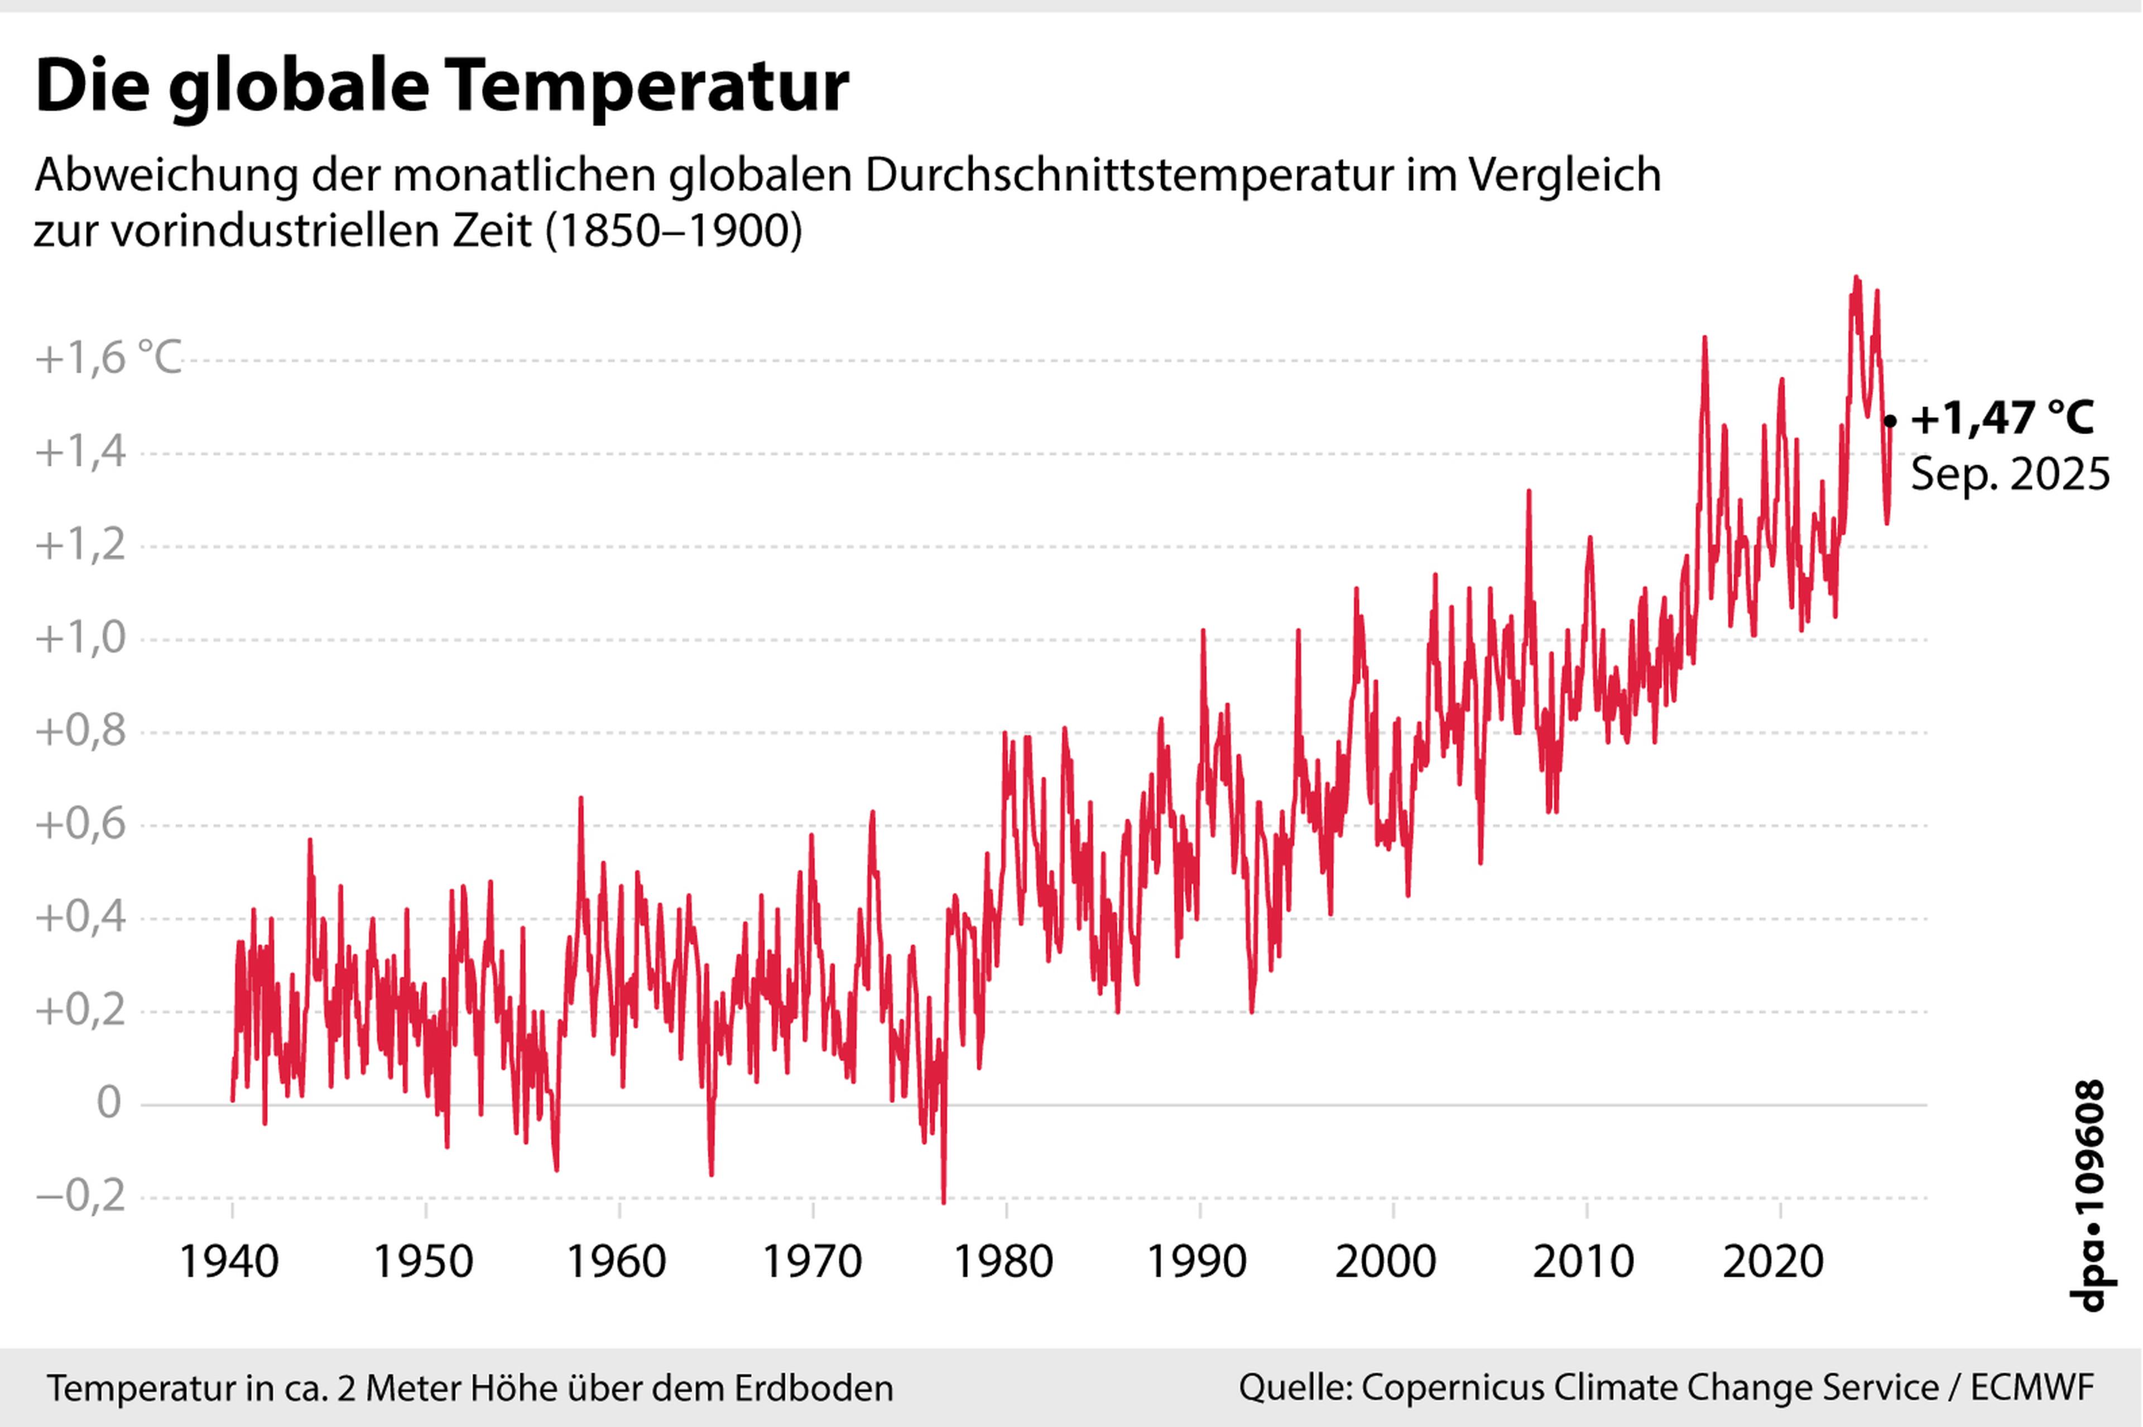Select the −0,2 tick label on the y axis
(80, 1197)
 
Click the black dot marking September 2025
(1890, 420)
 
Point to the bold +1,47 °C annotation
(2002, 419)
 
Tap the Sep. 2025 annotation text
(2009, 475)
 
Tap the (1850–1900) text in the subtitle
(674, 231)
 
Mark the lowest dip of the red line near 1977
(944, 1202)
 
